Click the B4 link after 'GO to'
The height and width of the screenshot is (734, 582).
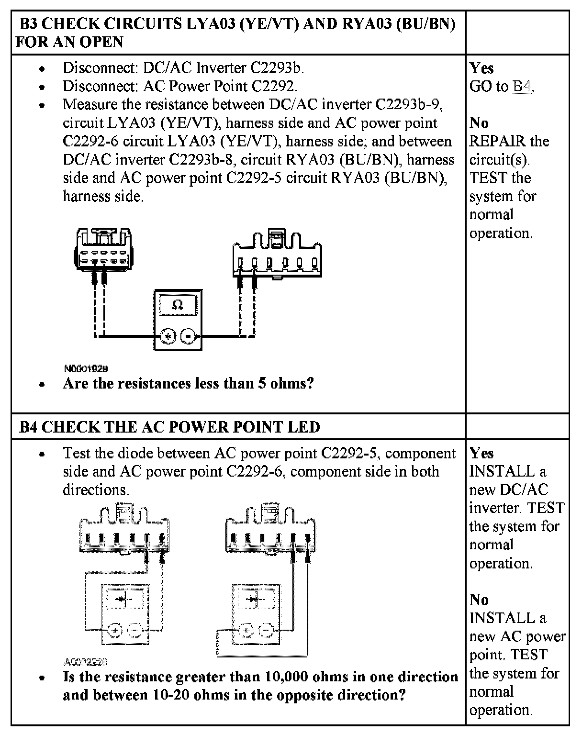(522, 87)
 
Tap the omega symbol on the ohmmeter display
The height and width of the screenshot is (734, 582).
(178, 305)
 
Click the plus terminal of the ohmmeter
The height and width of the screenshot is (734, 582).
(168, 336)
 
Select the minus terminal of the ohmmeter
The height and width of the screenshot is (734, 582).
(188, 336)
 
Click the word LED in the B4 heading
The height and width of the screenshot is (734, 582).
(304, 427)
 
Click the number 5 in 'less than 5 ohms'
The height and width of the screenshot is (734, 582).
(262, 384)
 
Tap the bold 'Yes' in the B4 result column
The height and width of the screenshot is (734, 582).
(481, 453)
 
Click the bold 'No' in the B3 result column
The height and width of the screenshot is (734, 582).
(479, 123)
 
